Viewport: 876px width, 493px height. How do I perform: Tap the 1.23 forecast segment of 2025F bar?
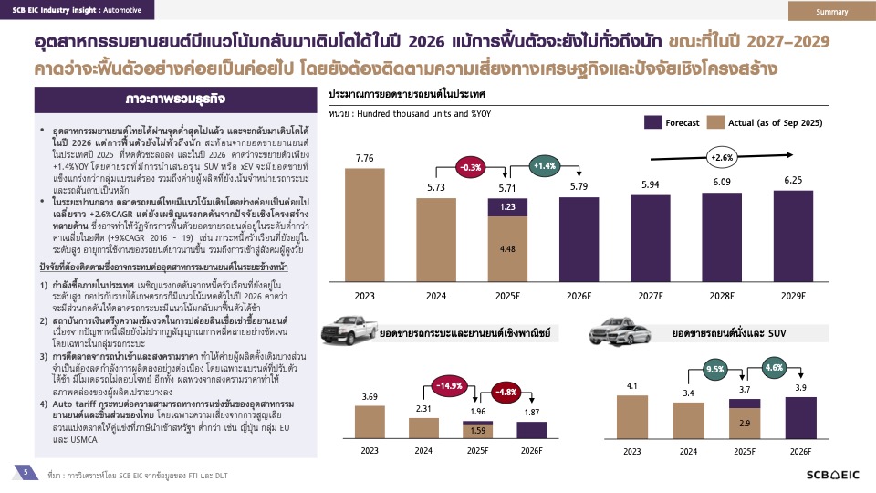(508, 206)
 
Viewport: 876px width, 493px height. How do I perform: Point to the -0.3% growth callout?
(472, 168)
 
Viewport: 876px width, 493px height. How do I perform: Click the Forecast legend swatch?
(653, 122)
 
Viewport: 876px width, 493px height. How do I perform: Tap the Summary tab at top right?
(831, 11)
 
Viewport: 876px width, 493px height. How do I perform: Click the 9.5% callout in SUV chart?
(714, 370)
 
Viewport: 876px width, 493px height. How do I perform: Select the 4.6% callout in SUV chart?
(773, 368)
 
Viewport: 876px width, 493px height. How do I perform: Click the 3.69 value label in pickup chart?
(370, 396)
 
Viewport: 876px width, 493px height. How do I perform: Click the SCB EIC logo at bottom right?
(833, 475)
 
